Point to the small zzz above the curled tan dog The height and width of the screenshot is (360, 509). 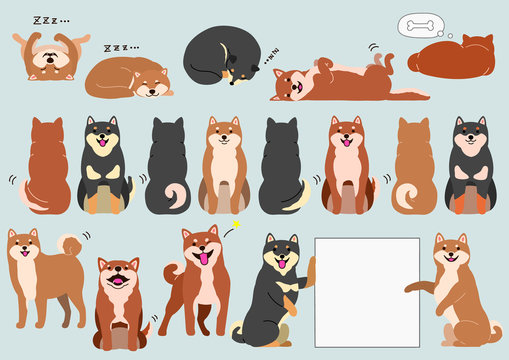click(x=121, y=47)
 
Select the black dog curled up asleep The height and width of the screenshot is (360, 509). click(x=222, y=56)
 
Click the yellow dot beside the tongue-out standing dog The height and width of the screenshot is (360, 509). click(x=237, y=225)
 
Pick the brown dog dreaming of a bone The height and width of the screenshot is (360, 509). click(x=451, y=58)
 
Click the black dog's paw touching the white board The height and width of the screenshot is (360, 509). click(x=310, y=266)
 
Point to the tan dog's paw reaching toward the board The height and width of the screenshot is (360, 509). click(x=412, y=288)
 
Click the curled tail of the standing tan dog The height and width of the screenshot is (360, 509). click(x=70, y=245)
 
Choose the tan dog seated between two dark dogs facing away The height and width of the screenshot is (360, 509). click(x=224, y=165)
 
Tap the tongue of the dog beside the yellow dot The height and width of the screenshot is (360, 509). click(x=204, y=259)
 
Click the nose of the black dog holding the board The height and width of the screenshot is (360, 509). click(x=281, y=258)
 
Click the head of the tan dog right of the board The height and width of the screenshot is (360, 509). click(x=452, y=250)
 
